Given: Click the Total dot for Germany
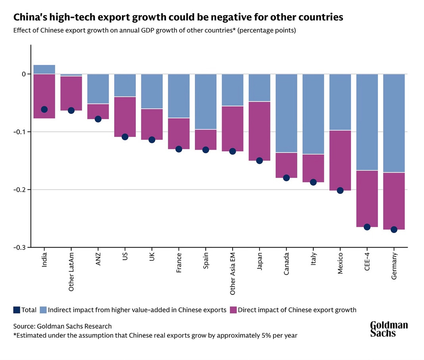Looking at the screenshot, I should tap(394, 229).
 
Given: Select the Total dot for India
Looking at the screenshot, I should tap(44, 109).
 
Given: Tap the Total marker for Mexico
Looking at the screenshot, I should tap(340, 191).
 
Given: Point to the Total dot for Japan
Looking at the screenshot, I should tap(260, 161).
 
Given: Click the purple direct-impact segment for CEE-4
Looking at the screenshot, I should tap(367, 198).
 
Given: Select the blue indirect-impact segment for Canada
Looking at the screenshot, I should tap(286, 113).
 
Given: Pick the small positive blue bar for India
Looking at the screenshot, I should tap(44, 69).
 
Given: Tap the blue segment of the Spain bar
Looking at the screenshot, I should tap(206, 102).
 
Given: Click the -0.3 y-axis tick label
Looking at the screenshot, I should tap(20, 247).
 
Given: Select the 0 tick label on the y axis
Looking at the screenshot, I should tap(24, 74).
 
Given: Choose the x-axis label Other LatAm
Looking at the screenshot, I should tap(71, 271).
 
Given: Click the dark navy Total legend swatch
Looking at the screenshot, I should tap(16, 310).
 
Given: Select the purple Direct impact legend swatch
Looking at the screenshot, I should tap(233, 310).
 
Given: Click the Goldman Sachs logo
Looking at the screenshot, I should tap(389, 329).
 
